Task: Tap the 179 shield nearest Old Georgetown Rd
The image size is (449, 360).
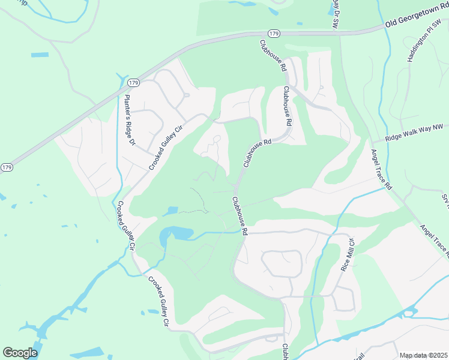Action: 274,33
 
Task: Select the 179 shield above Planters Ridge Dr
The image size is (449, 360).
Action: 133,82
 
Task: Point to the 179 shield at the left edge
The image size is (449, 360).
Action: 7,167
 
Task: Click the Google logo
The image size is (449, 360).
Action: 20,352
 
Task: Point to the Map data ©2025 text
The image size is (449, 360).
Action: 424,355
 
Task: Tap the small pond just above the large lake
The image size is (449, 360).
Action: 170,211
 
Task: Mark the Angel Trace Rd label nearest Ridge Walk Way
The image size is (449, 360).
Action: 381,170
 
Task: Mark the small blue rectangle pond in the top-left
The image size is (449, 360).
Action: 40,55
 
